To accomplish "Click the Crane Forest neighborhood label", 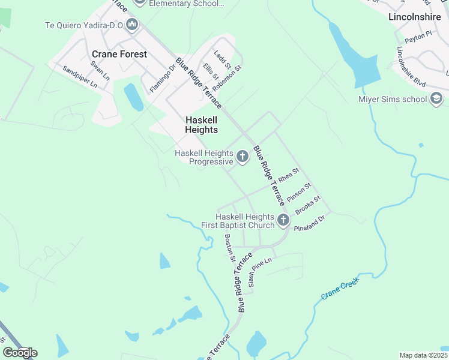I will pyautogui.click(x=119, y=54).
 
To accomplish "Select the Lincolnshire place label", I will pyautogui.click(x=414, y=17).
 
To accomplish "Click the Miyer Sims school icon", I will pyautogui.click(x=436, y=99).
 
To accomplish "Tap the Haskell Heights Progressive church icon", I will pyautogui.click(x=243, y=157).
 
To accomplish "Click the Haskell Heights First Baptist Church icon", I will pyautogui.click(x=283, y=221).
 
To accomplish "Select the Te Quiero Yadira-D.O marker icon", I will pyautogui.click(x=132, y=25).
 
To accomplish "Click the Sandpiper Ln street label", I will pyautogui.click(x=80, y=77).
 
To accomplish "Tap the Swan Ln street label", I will pyautogui.click(x=100, y=70).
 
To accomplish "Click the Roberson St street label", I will pyautogui.click(x=231, y=76).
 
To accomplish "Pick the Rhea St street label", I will pyautogui.click(x=288, y=176).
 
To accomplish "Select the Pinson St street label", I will pyautogui.click(x=297, y=194).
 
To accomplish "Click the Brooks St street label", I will pyautogui.click(x=308, y=205).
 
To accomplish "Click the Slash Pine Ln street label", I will pyautogui.click(x=260, y=271).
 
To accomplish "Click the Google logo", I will pyautogui.click(x=20, y=353).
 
